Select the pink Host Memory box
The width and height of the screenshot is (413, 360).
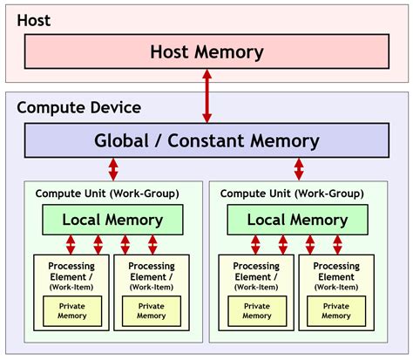[206, 52]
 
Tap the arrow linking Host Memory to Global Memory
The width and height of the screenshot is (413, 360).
[206, 96]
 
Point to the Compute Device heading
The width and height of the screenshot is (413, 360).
[78, 108]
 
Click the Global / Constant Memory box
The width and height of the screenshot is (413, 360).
[206, 139]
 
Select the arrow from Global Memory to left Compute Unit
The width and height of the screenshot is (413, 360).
[113, 168]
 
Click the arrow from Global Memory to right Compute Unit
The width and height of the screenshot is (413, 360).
[299, 168]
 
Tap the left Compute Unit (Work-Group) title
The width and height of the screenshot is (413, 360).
[106, 194]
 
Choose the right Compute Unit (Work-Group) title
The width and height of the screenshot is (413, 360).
[292, 194]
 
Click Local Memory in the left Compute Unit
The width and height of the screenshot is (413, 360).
[112, 221]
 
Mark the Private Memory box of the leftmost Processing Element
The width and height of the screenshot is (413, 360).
[72, 310]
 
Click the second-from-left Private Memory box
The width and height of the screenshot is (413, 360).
[152, 310]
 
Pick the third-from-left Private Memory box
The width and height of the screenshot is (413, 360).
[258, 310]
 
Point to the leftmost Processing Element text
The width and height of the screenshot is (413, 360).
[72, 274]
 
